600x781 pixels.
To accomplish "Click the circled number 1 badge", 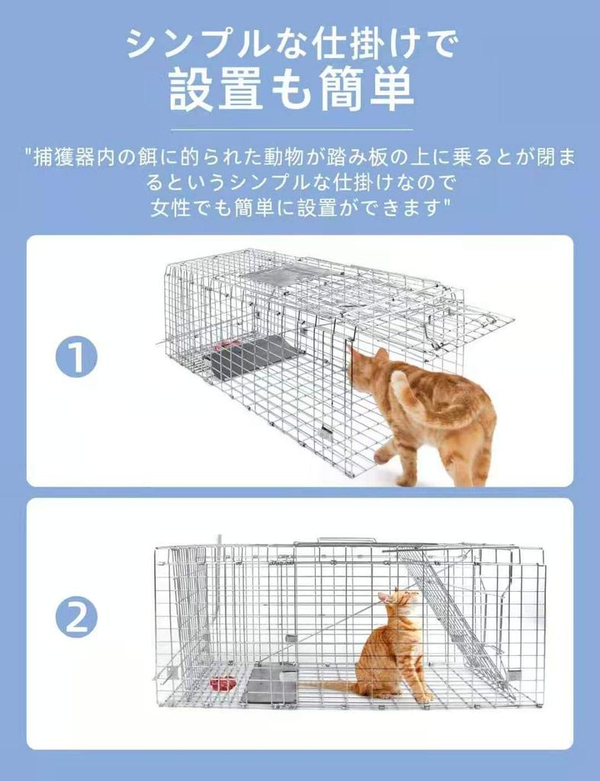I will click(76, 358).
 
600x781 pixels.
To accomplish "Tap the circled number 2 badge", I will click(76, 619).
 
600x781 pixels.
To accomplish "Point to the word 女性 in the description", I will click(169, 207).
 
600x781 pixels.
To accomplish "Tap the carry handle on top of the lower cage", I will click(347, 540).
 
